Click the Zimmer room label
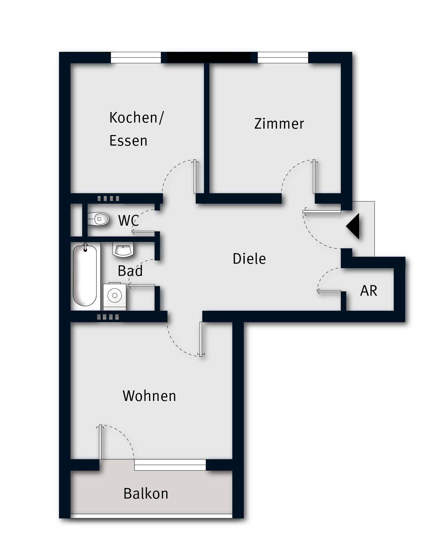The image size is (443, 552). coord(279,124)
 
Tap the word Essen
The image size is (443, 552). coord(128,141)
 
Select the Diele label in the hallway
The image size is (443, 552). coord(249,259)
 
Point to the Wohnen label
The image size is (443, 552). coord(149,396)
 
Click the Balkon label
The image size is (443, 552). coord(146,493)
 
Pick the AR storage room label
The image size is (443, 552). coord(369,291)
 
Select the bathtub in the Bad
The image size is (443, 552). coord(85,276)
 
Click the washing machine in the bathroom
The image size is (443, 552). coord(114,296)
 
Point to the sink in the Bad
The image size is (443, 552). coord(123,249)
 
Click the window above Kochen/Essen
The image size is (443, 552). coord(136,58)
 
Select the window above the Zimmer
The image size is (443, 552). coord(283,58)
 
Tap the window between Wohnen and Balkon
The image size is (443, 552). coord(170,465)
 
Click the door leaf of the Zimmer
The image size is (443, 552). coord(314,177)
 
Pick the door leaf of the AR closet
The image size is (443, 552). coord(329,291)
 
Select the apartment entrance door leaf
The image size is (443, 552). coord(322,211)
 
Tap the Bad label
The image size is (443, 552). coord(130,271)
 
